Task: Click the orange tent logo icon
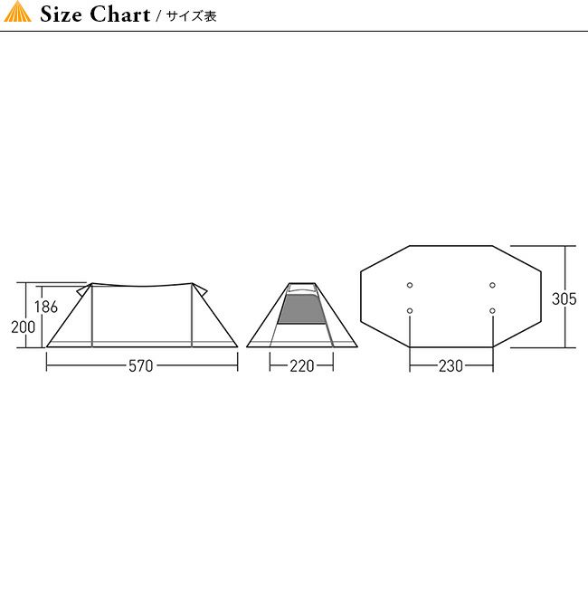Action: coord(17,12)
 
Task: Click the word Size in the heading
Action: coord(61,14)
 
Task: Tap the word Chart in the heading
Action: coord(119,14)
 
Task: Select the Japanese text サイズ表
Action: coord(192,16)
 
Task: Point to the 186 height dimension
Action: coord(46,307)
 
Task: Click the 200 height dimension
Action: coord(24,327)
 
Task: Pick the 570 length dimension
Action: coord(141,366)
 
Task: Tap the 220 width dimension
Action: coord(301,366)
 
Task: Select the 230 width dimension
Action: coord(450,366)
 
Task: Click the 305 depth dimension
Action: coord(564,298)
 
